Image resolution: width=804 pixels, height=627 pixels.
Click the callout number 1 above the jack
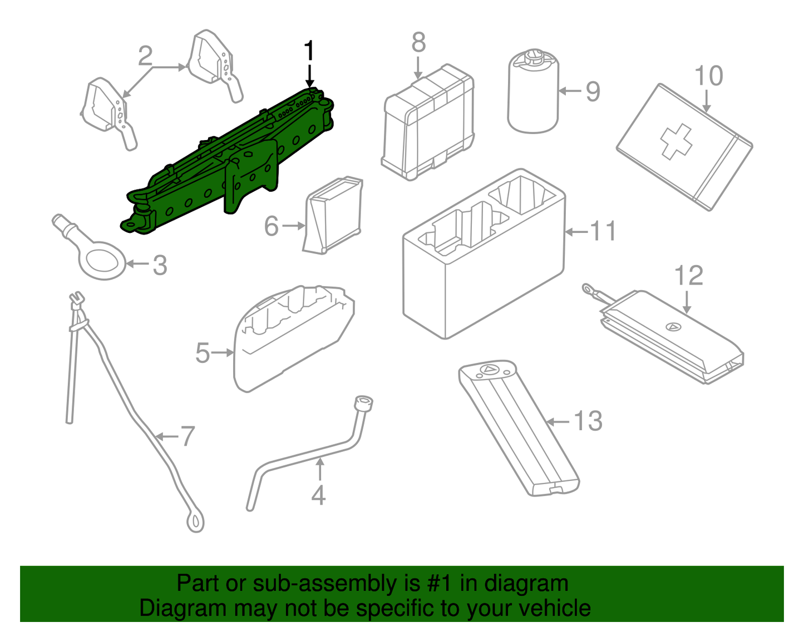[309, 51]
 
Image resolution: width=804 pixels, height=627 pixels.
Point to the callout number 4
[318, 495]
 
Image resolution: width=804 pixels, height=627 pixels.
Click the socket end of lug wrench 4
[363, 404]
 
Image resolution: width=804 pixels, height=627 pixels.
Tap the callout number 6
[271, 226]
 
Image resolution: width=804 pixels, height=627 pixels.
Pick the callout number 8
[418, 43]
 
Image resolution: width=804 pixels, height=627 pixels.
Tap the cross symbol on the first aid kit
[676, 141]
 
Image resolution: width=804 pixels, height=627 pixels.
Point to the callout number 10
[708, 76]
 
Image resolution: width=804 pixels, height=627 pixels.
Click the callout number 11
[603, 231]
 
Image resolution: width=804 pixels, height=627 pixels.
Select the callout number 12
[689, 276]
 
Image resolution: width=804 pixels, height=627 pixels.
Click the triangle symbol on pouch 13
[490, 370]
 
